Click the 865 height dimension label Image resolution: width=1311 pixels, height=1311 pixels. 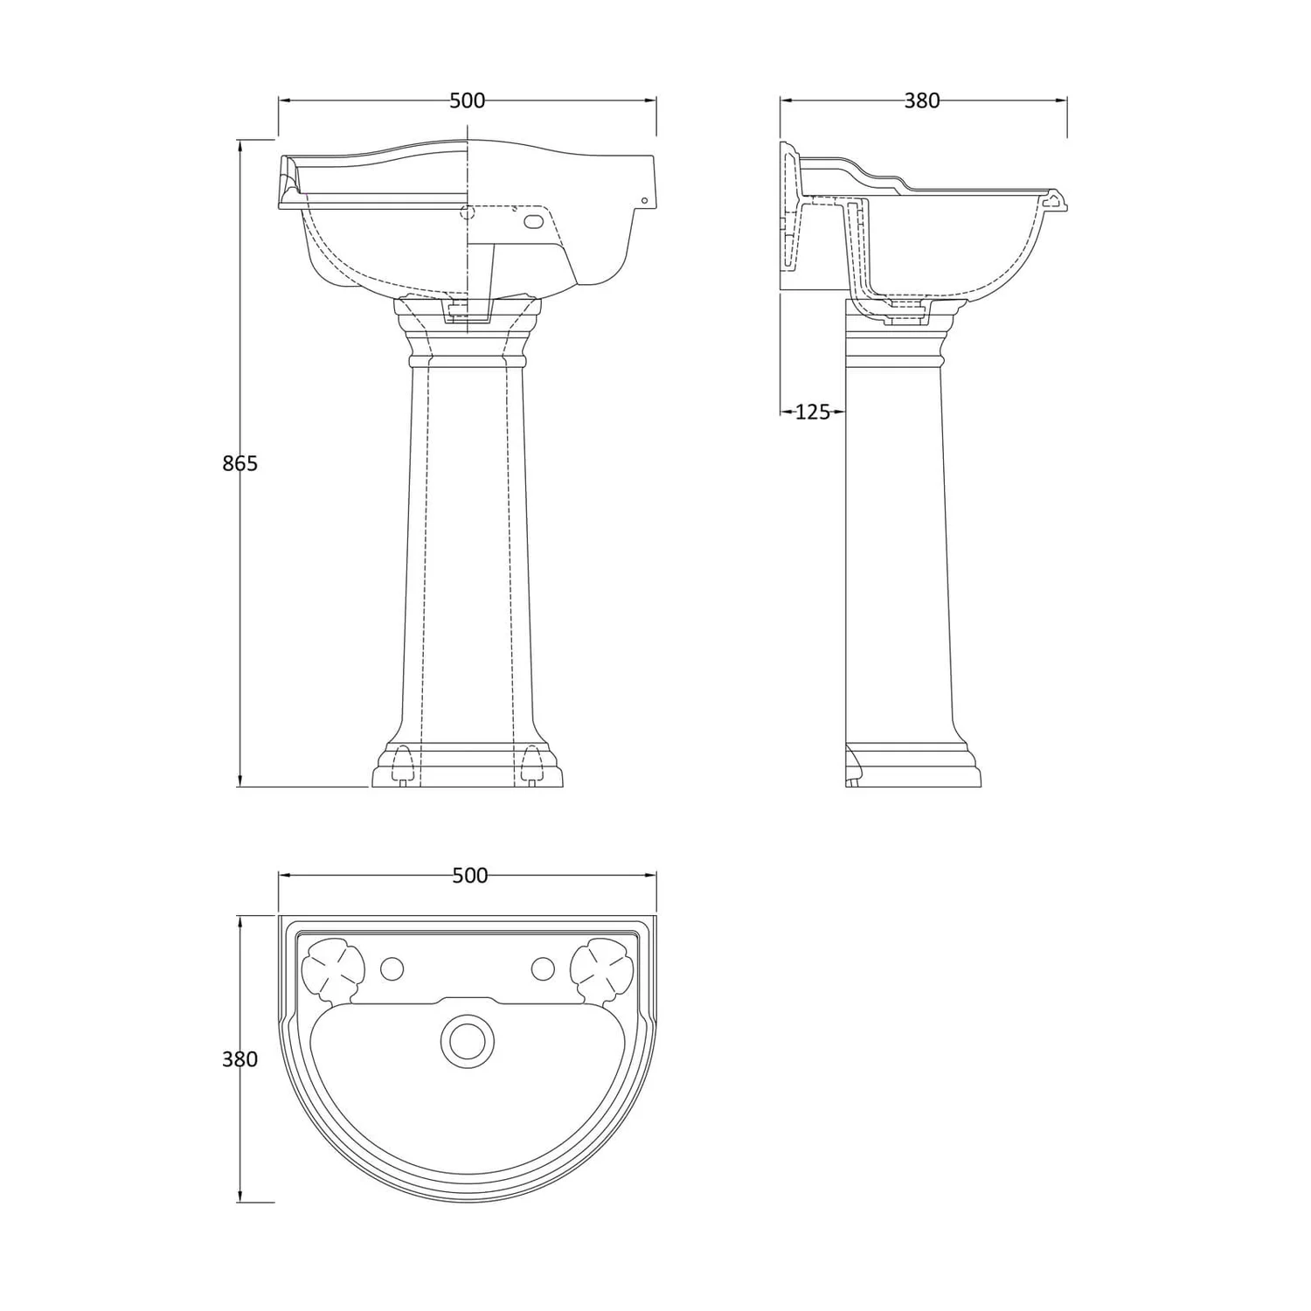240,463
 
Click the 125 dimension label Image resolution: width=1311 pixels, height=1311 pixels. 813,412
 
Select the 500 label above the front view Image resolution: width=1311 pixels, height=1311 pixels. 468,101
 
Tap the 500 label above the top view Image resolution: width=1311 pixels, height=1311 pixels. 470,875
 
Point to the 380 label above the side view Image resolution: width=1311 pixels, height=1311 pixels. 922,101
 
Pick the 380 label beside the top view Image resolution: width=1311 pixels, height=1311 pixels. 240,1059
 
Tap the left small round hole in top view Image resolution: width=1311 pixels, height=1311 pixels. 392,968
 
